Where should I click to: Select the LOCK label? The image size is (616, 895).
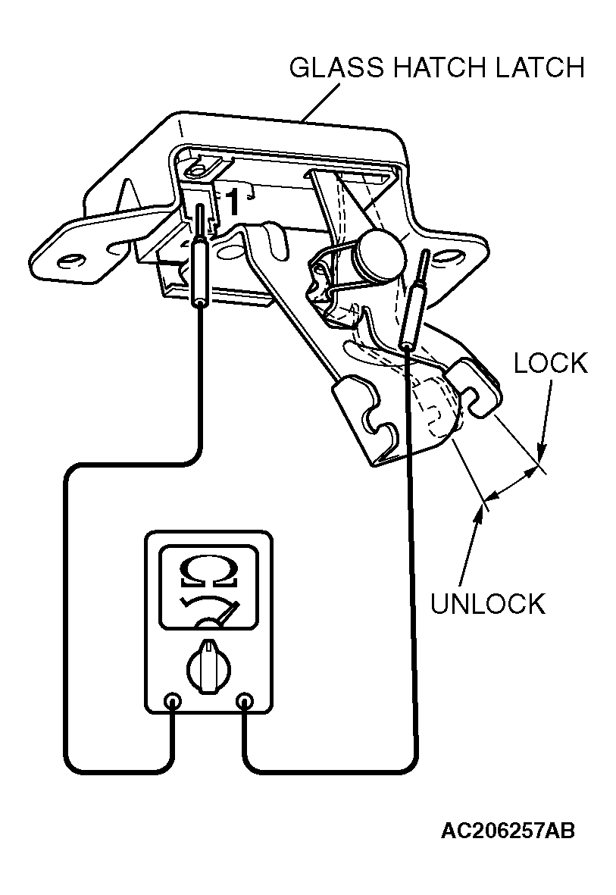point(550,363)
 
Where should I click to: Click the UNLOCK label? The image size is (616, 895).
point(487,604)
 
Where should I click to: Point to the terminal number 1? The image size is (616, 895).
point(232,202)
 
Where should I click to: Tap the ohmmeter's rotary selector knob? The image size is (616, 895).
point(208,666)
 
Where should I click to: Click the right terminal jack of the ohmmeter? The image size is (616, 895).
point(245,700)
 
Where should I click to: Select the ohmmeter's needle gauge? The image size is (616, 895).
point(208,612)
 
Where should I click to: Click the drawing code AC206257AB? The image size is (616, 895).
point(508,831)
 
